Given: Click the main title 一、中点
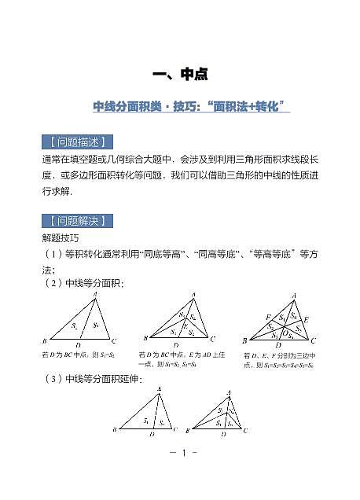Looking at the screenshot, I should (x=179, y=75).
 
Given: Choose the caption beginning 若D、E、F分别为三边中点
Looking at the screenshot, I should (x=279, y=360).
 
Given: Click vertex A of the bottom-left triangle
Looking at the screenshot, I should (x=160, y=388).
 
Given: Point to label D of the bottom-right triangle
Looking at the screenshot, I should (x=224, y=432).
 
